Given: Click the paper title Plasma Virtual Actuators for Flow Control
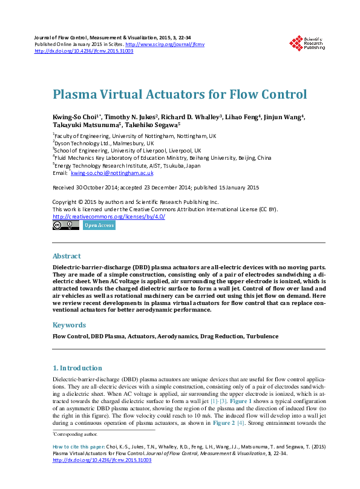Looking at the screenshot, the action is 180,94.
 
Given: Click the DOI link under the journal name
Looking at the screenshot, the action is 84,51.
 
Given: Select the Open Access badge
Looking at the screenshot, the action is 99,225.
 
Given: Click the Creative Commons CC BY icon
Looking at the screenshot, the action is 65,225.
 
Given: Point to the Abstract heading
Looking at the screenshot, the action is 67,256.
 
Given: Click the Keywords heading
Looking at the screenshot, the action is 69,325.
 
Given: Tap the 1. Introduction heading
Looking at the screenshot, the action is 77,367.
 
